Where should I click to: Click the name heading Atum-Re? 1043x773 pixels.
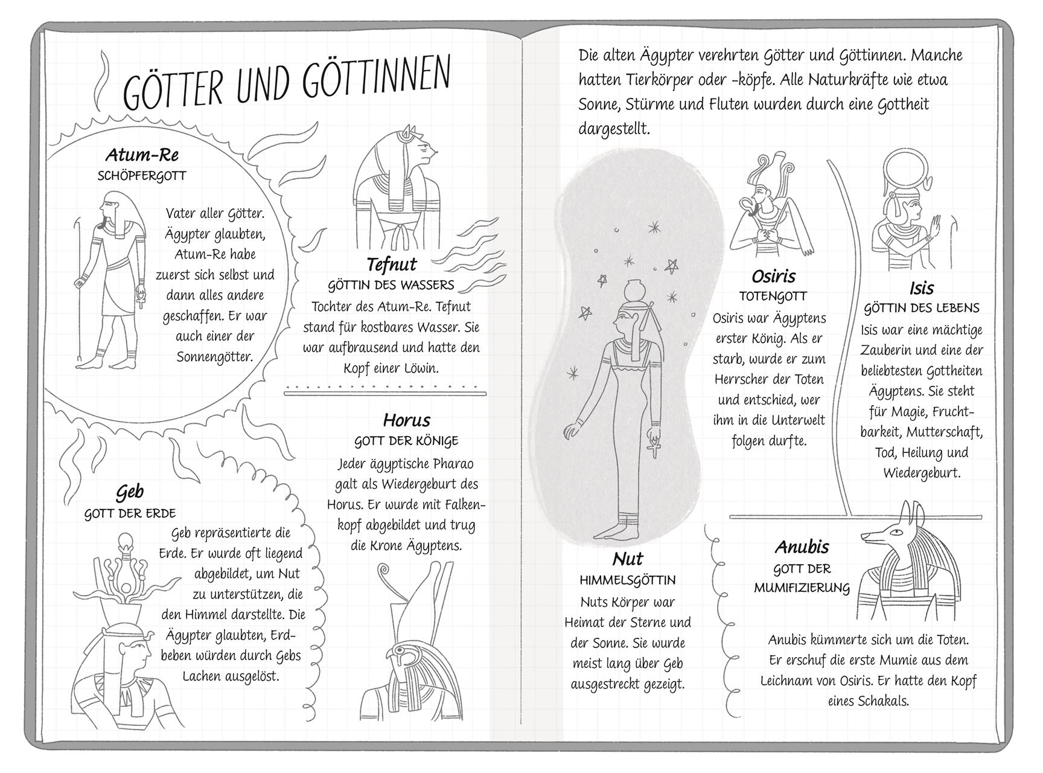pos(142,155)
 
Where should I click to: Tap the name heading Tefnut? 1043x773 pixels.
pos(391,265)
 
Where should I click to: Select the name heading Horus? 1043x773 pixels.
pos(406,420)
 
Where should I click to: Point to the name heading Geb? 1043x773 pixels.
pos(130,492)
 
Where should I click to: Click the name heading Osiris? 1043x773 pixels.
pos(773,277)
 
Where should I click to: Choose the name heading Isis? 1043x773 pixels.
pos(921,288)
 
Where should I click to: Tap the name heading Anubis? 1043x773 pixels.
pos(802,547)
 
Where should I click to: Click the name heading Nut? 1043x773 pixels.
pos(627,559)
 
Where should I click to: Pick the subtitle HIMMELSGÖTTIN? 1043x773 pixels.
pos(627,580)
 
